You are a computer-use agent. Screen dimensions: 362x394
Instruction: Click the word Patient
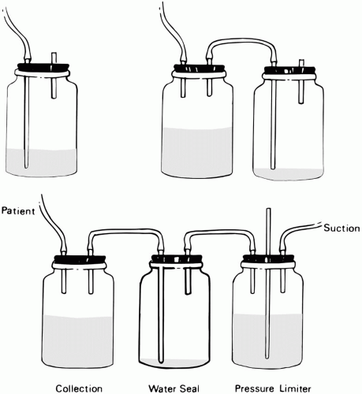click(x=18, y=210)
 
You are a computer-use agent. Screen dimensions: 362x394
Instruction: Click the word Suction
click(x=341, y=228)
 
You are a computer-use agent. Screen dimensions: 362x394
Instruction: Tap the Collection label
click(x=79, y=388)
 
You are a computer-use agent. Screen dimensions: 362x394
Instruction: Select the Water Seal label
click(x=174, y=388)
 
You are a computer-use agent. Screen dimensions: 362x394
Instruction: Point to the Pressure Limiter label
click(x=273, y=388)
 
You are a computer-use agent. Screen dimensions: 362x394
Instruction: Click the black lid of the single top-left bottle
click(x=43, y=67)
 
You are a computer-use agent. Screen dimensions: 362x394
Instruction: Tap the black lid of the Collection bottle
click(x=80, y=259)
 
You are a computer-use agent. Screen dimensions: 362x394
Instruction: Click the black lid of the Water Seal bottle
click(x=177, y=258)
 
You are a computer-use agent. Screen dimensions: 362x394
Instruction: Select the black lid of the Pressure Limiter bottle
click(x=268, y=258)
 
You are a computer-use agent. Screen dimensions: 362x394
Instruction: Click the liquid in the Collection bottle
click(x=78, y=341)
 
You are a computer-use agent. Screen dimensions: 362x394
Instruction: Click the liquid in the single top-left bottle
click(x=42, y=162)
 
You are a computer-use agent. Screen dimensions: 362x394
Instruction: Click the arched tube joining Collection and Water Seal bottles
click(x=126, y=231)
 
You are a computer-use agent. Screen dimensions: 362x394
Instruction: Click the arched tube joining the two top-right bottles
click(x=242, y=41)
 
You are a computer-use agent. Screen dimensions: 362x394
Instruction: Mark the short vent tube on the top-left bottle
click(x=54, y=76)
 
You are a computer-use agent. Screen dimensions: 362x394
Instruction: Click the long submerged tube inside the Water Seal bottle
click(x=161, y=314)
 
